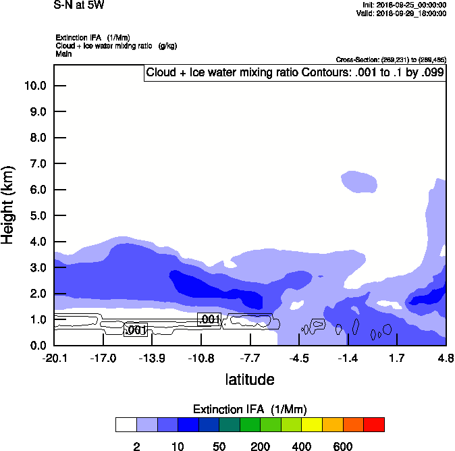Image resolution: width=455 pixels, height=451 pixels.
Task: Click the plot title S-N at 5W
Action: [x=79, y=5]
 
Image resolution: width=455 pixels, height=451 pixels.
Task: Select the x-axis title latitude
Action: [x=250, y=379]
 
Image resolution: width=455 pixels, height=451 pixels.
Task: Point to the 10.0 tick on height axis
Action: [x=35, y=86]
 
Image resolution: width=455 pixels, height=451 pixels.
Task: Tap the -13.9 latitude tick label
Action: [x=152, y=358]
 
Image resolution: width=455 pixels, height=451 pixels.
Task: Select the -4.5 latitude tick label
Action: [x=300, y=358]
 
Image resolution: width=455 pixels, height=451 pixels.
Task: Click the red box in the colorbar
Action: [x=374, y=425]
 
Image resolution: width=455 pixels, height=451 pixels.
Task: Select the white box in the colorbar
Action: [x=126, y=425]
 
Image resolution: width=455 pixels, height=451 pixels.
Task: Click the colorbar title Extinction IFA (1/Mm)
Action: [x=250, y=409]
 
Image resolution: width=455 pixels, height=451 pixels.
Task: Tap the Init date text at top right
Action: [x=404, y=5]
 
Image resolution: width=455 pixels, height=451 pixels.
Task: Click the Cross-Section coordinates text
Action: [x=390, y=60]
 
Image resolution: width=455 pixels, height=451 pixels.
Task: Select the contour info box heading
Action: [x=295, y=73]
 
